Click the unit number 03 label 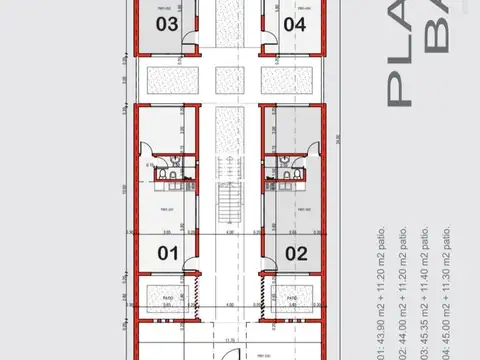point(167,24)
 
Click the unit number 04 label point(293,24)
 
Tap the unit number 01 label point(167,253)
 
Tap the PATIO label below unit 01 point(167,297)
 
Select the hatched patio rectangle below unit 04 point(289,79)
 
